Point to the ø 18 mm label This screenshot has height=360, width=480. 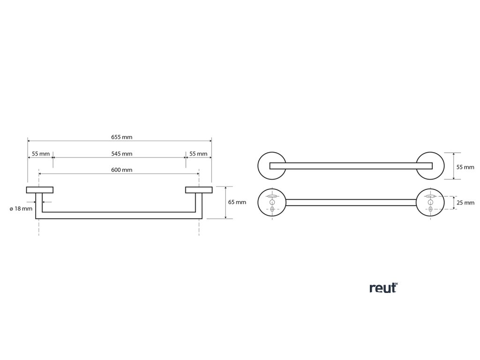pos(21,209)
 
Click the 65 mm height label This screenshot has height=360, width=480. pos(237,202)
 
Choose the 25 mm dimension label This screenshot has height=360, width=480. pos(465,203)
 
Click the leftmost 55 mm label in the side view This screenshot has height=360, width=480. pos(41,154)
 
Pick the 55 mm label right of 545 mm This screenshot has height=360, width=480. pos(198,154)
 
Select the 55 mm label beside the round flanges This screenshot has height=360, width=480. pos(465,167)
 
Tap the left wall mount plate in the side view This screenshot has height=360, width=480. pos(40,189)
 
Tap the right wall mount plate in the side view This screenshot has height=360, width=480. pos(198,189)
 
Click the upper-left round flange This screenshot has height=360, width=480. pos(271,165)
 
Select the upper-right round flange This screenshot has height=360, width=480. pos(430,165)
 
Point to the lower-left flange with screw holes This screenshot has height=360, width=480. pos(271,202)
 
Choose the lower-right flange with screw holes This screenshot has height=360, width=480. pos(430,202)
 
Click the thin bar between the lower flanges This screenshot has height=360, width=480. pos(351,202)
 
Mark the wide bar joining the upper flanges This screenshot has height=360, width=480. pos(351,165)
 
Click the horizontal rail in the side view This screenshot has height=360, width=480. pos(120,216)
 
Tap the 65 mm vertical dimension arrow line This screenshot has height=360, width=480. pos(226,202)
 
